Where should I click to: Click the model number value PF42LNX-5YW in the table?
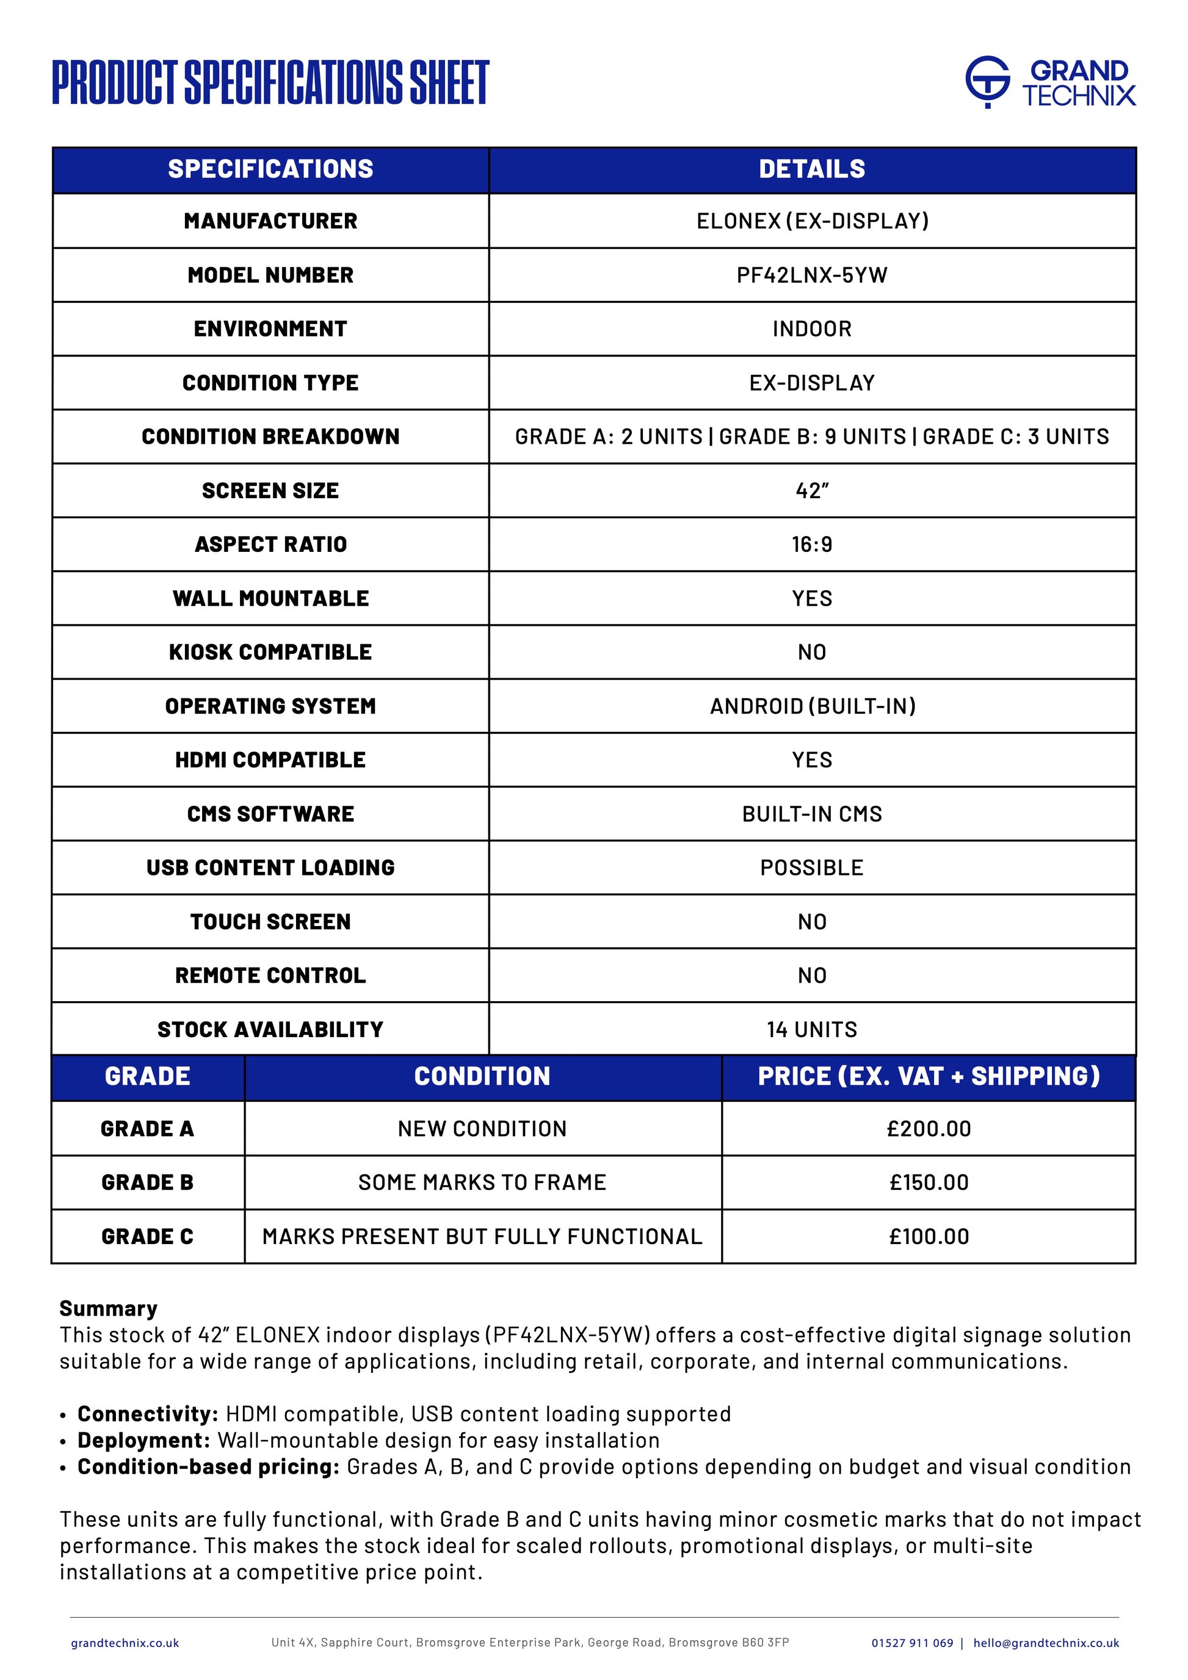coord(811,275)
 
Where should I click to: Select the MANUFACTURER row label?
coord(270,221)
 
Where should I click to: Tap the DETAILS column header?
coord(811,169)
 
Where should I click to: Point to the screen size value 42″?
coord(811,490)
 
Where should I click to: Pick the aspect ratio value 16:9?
coord(811,545)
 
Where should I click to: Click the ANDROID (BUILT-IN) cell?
coord(812,706)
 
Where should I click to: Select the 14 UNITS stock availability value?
coord(811,1029)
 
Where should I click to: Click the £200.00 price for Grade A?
coord(929,1129)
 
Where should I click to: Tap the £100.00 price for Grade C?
coord(929,1237)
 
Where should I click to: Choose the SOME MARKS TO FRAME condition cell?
coord(482,1182)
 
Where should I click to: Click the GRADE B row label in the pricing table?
coord(147,1182)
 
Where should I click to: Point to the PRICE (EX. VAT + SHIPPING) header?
coord(929,1076)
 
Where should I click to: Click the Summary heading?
coord(108,1308)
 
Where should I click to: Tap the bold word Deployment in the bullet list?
coord(143,1440)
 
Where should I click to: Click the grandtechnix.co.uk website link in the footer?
coord(125,1643)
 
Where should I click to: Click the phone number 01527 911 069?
coord(911,1643)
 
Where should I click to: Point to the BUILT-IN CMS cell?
coord(811,814)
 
